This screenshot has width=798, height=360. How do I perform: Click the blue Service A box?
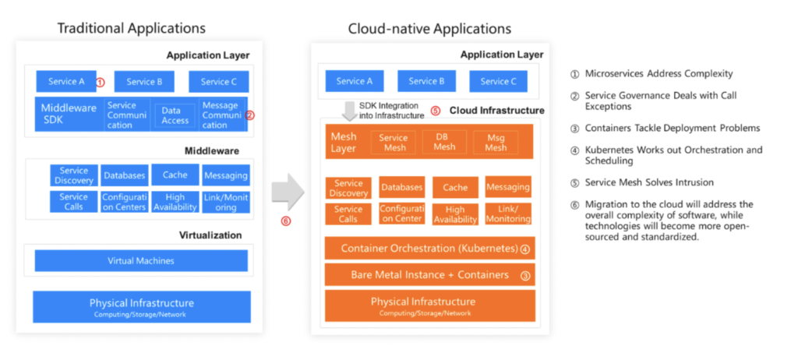65,82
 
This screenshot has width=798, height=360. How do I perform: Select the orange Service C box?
497,81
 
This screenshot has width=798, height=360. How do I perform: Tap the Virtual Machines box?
141,260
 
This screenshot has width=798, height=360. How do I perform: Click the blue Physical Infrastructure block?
141,306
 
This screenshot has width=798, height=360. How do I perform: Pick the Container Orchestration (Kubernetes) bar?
429,249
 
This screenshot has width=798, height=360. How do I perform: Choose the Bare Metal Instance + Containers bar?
429,275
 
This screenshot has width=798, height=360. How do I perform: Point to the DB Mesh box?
444,142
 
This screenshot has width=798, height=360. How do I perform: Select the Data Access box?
175,115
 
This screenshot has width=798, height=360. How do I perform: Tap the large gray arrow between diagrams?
288,192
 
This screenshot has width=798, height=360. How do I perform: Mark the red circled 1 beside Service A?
100,82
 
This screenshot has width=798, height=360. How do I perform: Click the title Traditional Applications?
131,28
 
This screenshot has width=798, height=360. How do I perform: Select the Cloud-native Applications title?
429,29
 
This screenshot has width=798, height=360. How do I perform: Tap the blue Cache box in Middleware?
175,175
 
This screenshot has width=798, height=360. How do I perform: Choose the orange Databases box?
401,187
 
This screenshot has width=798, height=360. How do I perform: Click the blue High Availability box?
175,202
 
